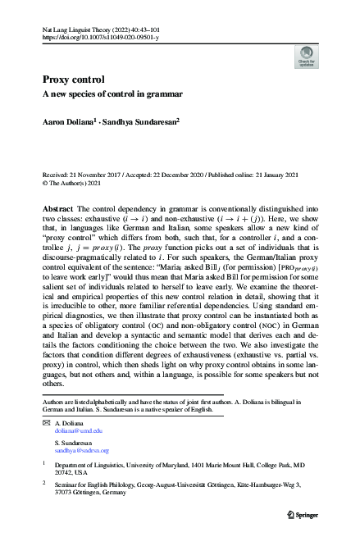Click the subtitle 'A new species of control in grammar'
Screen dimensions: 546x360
click(112, 94)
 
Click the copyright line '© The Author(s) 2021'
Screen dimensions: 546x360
click(77, 184)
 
